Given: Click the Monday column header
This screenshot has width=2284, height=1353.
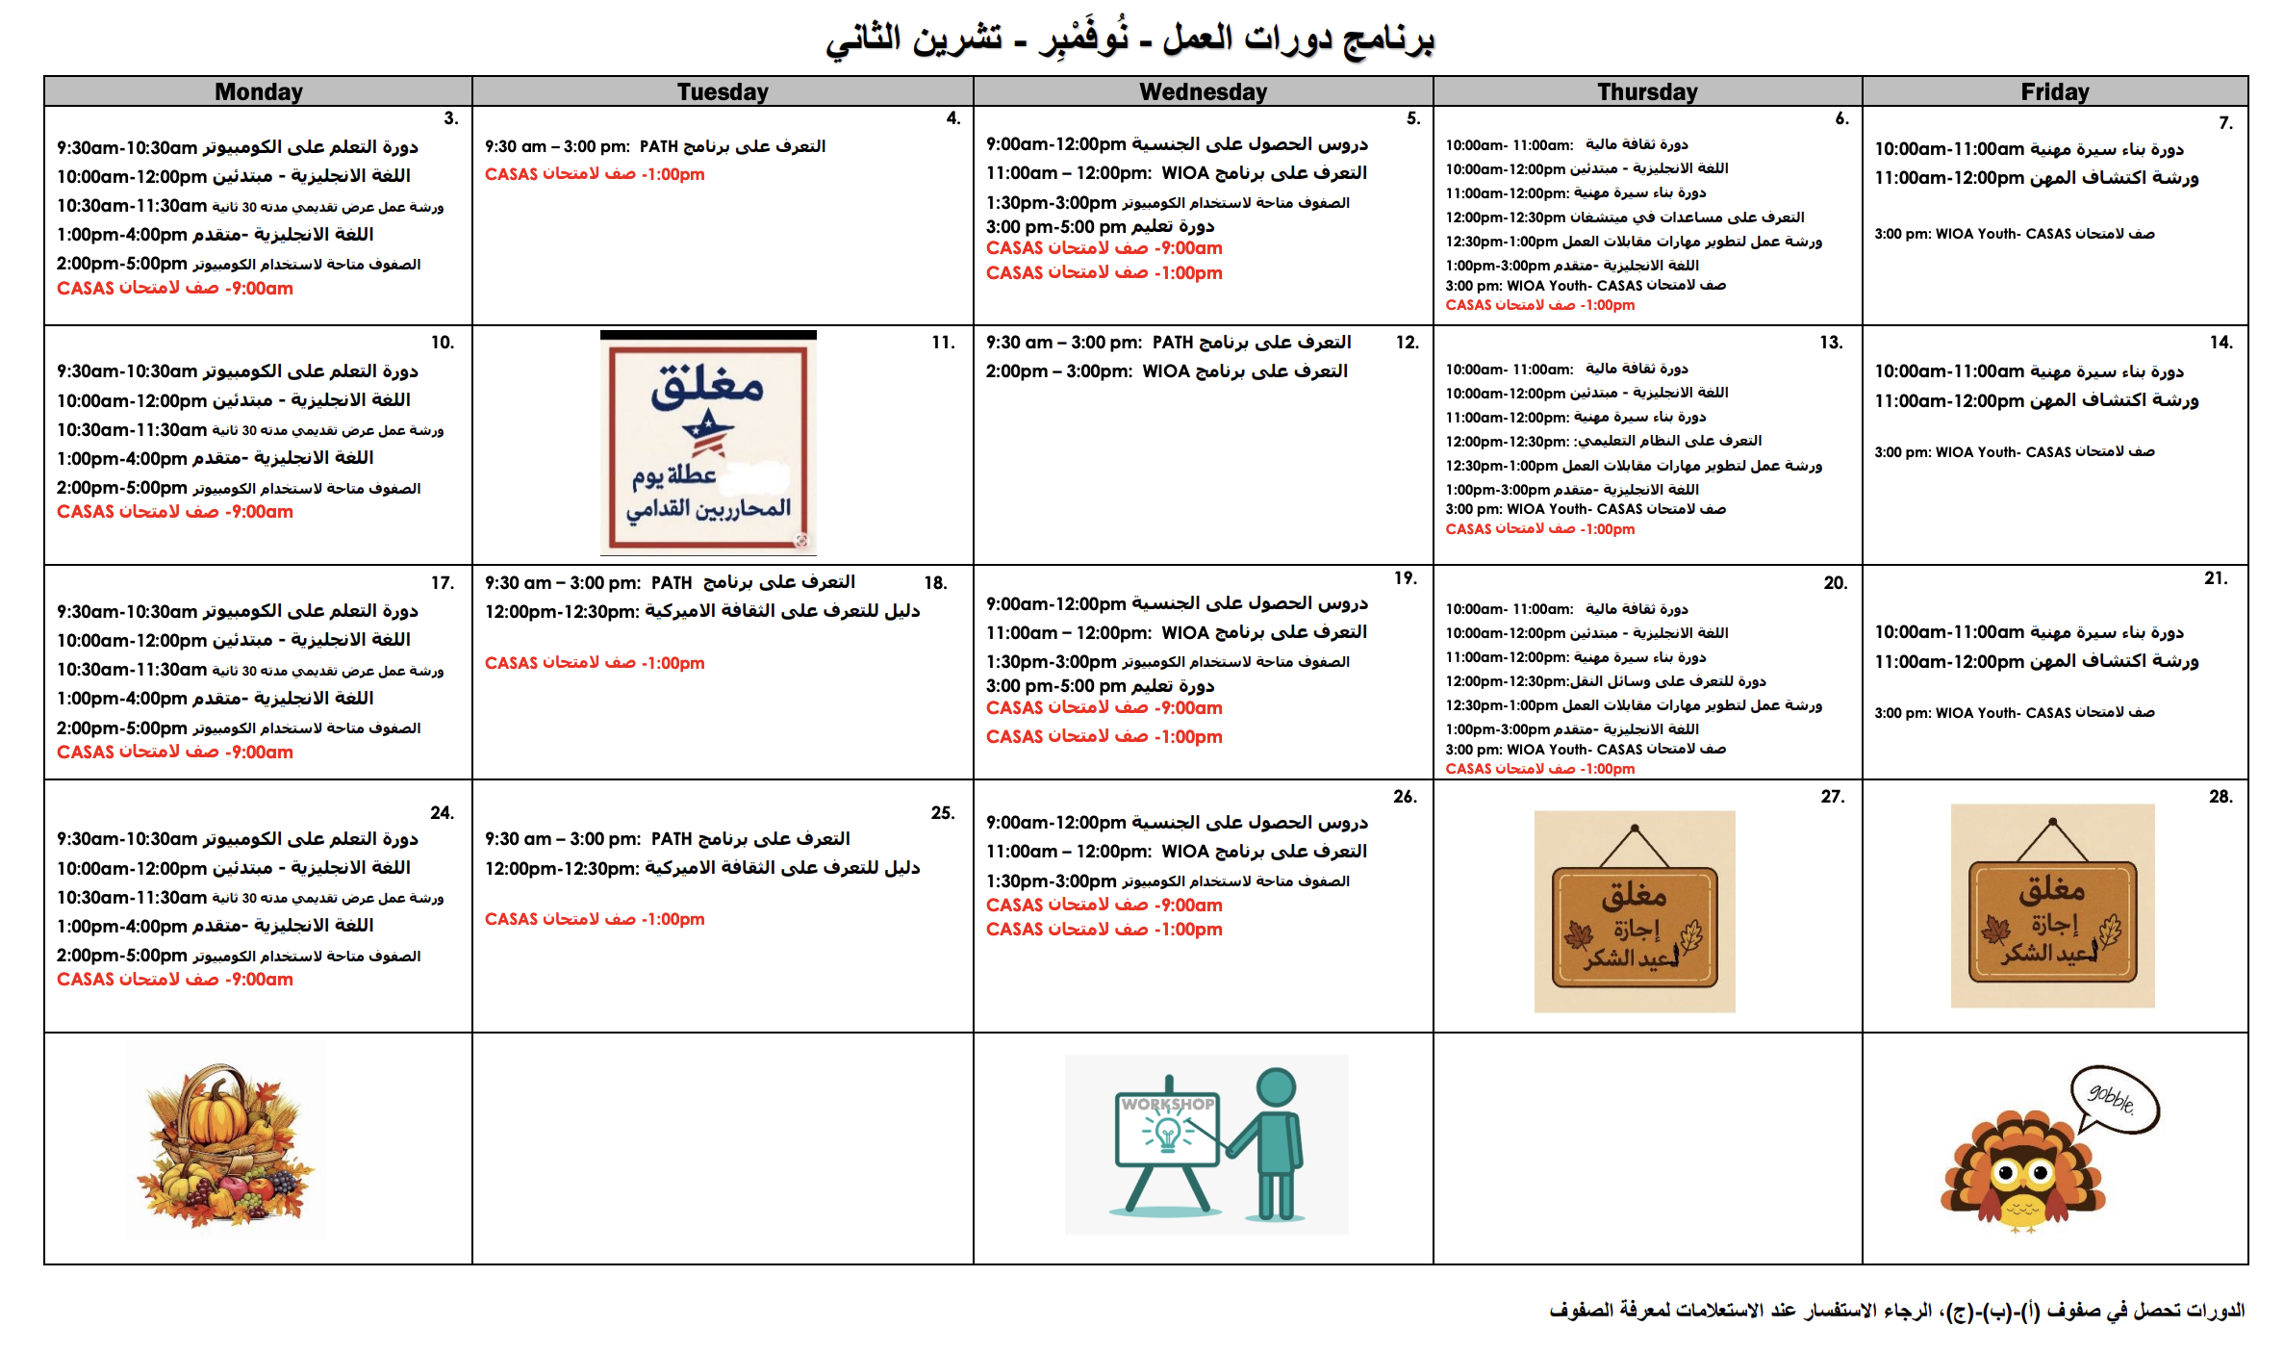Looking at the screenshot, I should pos(258,91).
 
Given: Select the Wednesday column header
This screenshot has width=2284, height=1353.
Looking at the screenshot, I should pos(1203,91).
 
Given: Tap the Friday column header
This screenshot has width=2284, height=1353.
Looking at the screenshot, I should pos(2054,91).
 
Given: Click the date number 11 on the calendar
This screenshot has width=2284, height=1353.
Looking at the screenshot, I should pos(942,343).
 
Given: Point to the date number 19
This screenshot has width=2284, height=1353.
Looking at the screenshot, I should pos(1405,578).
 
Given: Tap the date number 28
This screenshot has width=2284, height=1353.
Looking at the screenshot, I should pos(2220,797).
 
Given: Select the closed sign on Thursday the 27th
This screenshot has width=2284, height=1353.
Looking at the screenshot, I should pos(1635,912).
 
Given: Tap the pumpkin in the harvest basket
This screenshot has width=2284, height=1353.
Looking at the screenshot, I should pos(217,1116).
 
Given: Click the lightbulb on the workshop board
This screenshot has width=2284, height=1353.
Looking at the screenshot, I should pos(1168,1134).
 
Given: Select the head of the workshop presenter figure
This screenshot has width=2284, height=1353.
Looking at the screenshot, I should pos(1276,1087).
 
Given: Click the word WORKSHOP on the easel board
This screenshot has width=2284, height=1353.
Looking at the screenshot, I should pos(1167,1104).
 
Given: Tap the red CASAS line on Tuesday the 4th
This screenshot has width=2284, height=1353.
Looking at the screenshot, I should pos(595,174).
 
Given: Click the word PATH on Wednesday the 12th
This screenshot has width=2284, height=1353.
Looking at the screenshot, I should pos(1173,343).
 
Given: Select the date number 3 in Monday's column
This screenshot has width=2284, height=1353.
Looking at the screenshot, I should pos(450,118).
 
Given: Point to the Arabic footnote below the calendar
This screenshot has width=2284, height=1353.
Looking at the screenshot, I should pos(1895,1311).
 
